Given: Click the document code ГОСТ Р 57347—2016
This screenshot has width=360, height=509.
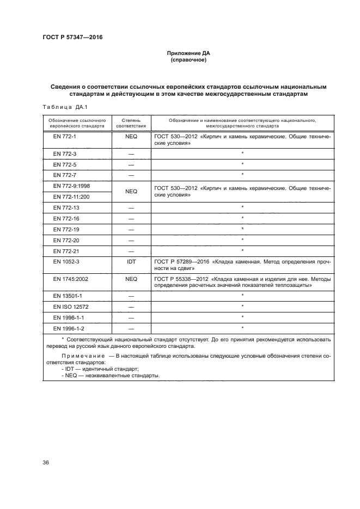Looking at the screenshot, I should click(x=72, y=38).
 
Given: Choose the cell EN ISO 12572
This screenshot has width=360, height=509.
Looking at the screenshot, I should click(x=69, y=306).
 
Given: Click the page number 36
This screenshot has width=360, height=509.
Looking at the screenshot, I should click(x=46, y=463).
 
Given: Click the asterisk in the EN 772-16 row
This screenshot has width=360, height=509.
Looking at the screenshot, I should click(x=242, y=218).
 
